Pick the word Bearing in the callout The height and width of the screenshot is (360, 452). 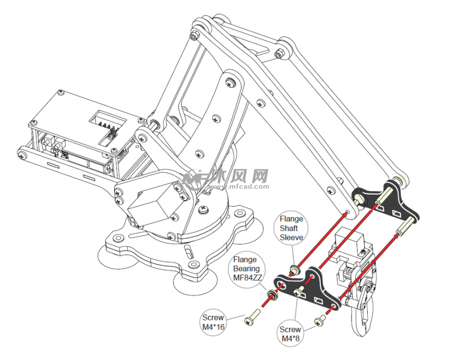tap(245, 268)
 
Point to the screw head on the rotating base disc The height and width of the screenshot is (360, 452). tap(204, 209)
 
